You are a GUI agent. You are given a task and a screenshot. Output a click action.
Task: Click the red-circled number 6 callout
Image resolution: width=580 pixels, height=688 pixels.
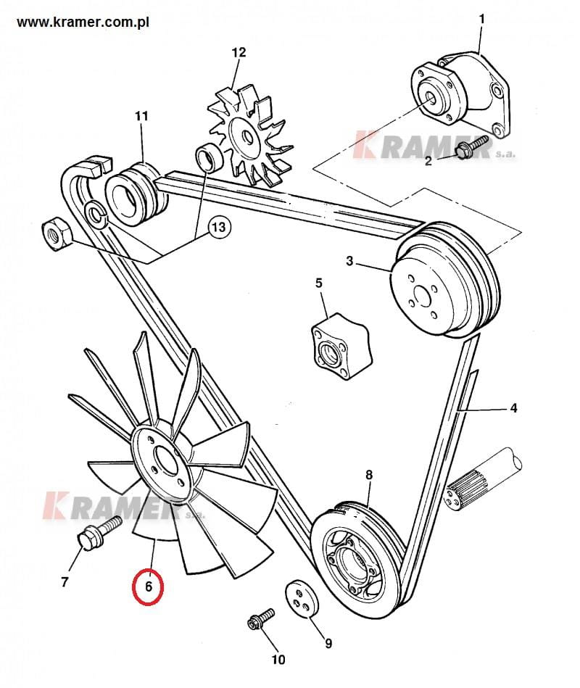[149, 587]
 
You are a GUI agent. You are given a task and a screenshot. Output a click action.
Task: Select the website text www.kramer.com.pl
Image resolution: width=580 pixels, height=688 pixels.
[83, 22]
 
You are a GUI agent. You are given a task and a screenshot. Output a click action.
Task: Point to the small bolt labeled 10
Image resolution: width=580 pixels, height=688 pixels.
[260, 619]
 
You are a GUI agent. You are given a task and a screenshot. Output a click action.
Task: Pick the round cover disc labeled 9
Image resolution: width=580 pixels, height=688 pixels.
[302, 599]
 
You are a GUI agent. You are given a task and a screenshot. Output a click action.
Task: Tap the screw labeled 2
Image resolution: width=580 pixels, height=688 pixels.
[471, 147]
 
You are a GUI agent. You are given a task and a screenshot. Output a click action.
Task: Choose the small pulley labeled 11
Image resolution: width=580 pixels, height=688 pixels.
[136, 194]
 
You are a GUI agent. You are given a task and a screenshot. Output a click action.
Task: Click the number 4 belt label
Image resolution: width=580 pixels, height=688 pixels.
[513, 408]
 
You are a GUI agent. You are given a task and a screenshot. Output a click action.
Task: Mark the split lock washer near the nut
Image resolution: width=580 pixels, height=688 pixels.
[95, 212]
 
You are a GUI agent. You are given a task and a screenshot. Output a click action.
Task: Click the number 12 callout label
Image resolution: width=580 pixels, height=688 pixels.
[239, 52]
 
